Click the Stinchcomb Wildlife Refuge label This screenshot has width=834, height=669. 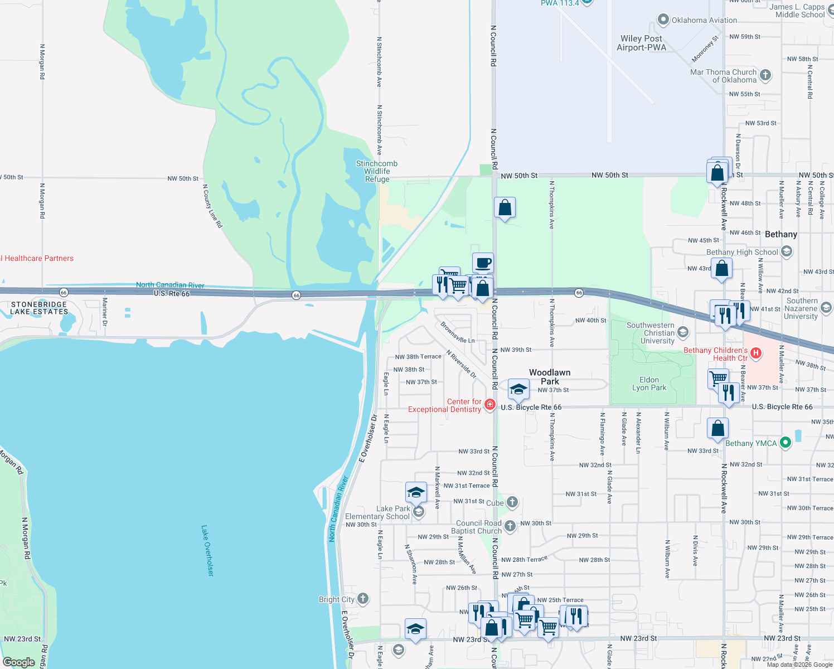coord(377,171)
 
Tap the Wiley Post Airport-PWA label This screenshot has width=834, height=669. coord(641,43)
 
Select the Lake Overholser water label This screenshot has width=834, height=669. coord(207,550)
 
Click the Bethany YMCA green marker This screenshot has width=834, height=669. coord(785,443)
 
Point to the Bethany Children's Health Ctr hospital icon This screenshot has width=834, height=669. coord(756,353)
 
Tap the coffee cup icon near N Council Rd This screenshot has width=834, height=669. coord(483,263)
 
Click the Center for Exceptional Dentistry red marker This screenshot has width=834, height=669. coord(490,405)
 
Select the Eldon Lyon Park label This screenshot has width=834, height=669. coord(649,384)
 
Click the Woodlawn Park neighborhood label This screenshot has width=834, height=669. coord(550,377)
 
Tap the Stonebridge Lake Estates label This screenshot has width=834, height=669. coord(39,308)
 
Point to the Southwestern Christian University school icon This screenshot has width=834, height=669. coord(683,333)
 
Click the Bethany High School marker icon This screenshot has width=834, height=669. coord(787,252)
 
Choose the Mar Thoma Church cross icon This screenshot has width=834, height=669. coord(765,75)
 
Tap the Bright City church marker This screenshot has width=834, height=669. coord(363,599)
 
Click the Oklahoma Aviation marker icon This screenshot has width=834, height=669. coord(663,20)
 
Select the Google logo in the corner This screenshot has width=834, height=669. coord(19,662)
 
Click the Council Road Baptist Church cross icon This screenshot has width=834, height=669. coord(510,526)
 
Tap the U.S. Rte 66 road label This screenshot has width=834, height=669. coord(172,293)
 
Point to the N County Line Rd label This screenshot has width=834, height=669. coord(212,206)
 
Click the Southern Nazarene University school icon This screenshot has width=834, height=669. coord(826,307)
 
